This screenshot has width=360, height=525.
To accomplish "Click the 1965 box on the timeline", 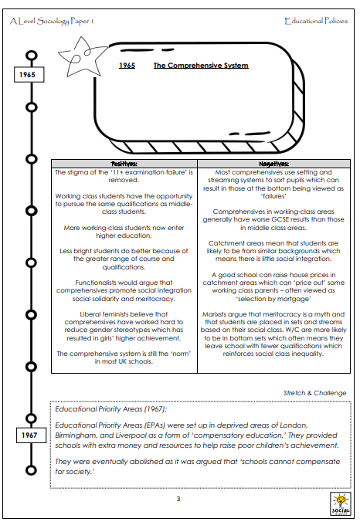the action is pyautogui.click(x=29, y=74).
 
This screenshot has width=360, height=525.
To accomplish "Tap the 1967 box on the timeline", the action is pyautogui.click(x=31, y=435).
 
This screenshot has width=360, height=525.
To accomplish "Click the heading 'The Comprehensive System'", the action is pyautogui.click(x=201, y=66).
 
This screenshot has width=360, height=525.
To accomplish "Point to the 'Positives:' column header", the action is pyautogui.click(x=124, y=164).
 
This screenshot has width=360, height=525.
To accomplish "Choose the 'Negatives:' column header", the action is pyautogui.click(x=273, y=164).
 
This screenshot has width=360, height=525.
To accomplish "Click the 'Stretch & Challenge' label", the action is pyautogui.click(x=314, y=393).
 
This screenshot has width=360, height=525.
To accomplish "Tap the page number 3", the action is pyautogui.click(x=178, y=499).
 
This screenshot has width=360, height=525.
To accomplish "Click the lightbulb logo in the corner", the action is pyautogui.click(x=340, y=503).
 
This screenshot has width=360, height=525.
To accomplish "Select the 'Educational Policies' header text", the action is pyautogui.click(x=316, y=21).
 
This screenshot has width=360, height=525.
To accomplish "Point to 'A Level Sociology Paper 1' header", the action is pyautogui.click(x=52, y=21).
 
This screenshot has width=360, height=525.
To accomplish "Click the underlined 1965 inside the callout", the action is pyautogui.click(x=127, y=66).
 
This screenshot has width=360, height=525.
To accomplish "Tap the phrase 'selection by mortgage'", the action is pyautogui.click(x=273, y=299).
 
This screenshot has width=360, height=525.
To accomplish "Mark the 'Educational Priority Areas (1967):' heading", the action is pyautogui.click(x=110, y=409).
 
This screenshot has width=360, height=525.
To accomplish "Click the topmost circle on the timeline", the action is pyautogui.click(x=32, y=56).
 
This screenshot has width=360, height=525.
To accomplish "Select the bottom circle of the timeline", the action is pyautogui.click(x=31, y=470).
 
